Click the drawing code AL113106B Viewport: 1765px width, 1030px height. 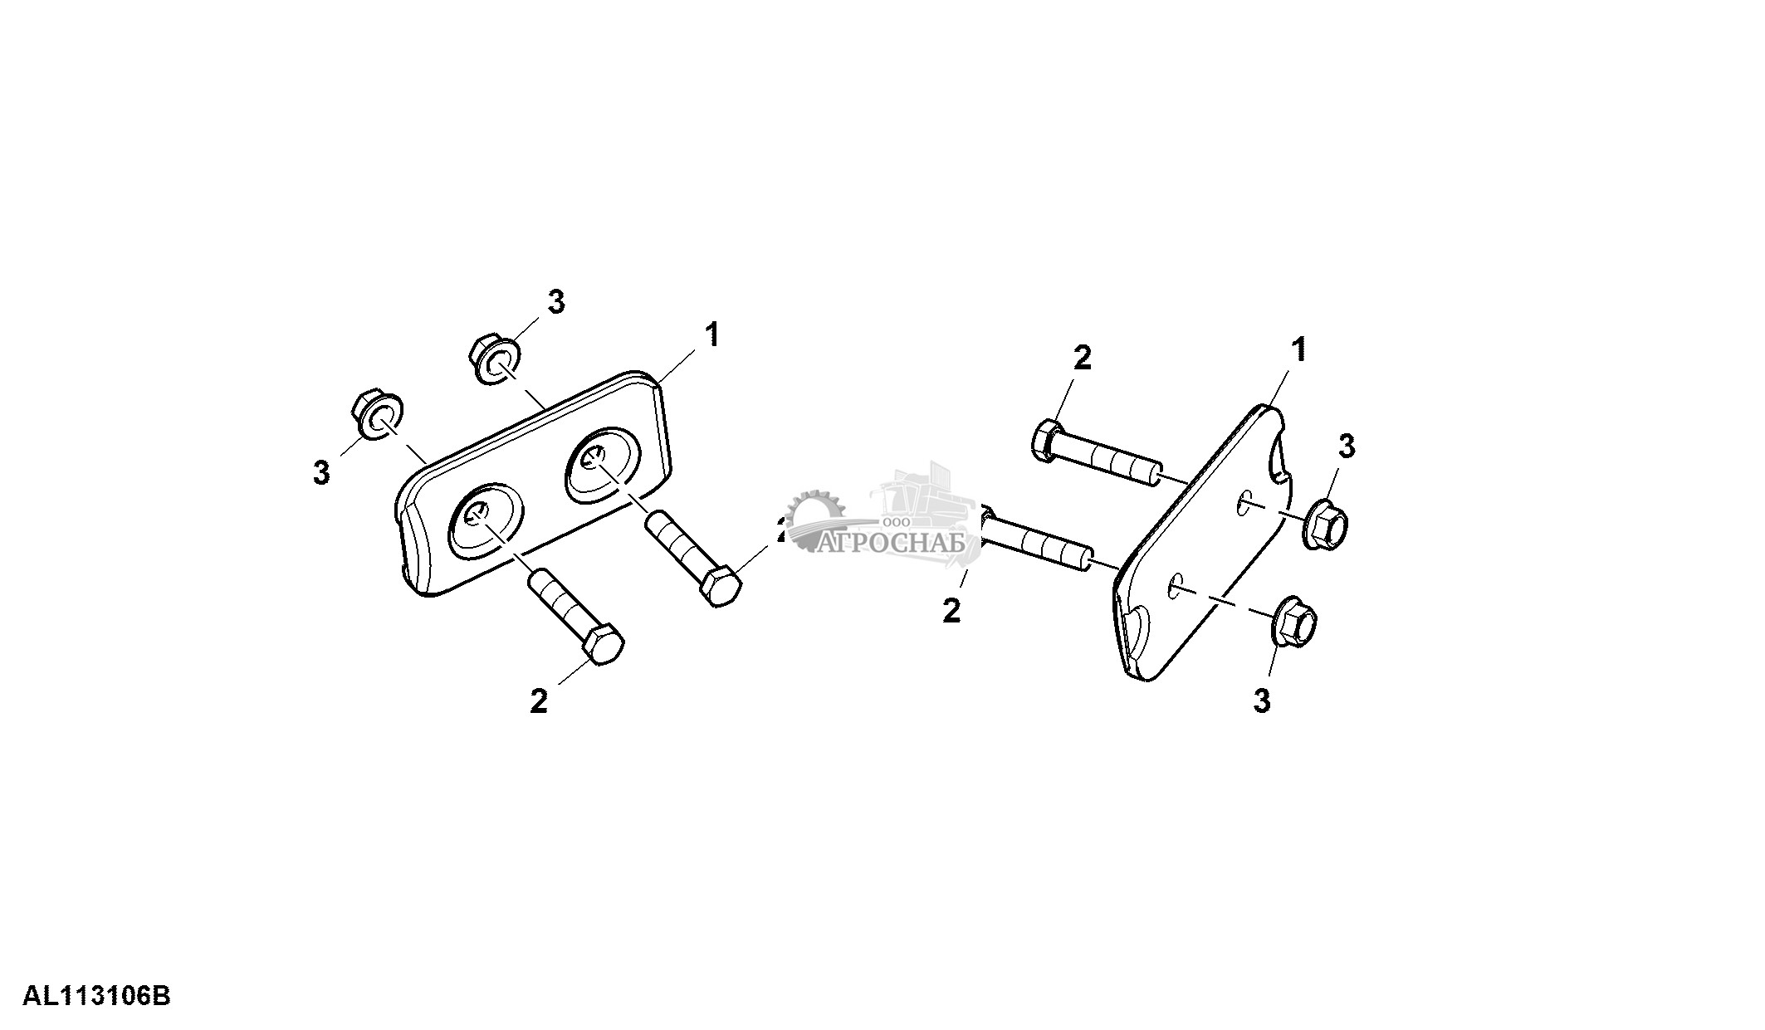pos(96,995)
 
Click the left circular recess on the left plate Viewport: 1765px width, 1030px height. pos(486,529)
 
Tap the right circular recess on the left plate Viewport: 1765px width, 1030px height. pos(604,466)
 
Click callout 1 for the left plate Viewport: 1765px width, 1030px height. pos(711,336)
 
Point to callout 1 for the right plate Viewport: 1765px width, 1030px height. pos(1298,350)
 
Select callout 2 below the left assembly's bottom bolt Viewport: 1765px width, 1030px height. pos(539,701)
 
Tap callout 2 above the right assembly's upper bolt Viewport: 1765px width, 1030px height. pos(1082,359)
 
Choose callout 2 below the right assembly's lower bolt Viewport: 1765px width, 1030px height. pos(952,610)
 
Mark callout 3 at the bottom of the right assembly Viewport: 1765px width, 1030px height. pos(1262,701)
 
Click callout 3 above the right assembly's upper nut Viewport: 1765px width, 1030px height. pos(1346,447)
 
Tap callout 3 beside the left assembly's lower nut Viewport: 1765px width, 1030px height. pos(321,472)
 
